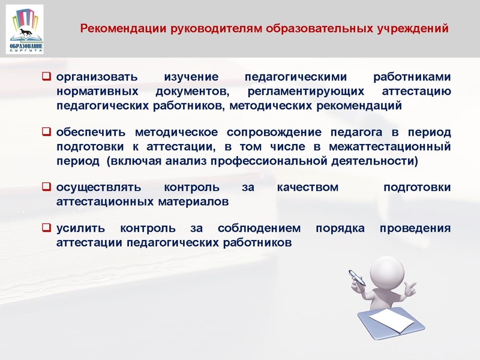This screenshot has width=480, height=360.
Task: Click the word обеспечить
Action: tap(91, 132)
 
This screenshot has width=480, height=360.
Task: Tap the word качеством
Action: tap(308, 188)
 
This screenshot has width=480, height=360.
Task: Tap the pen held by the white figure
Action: tap(357, 277)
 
